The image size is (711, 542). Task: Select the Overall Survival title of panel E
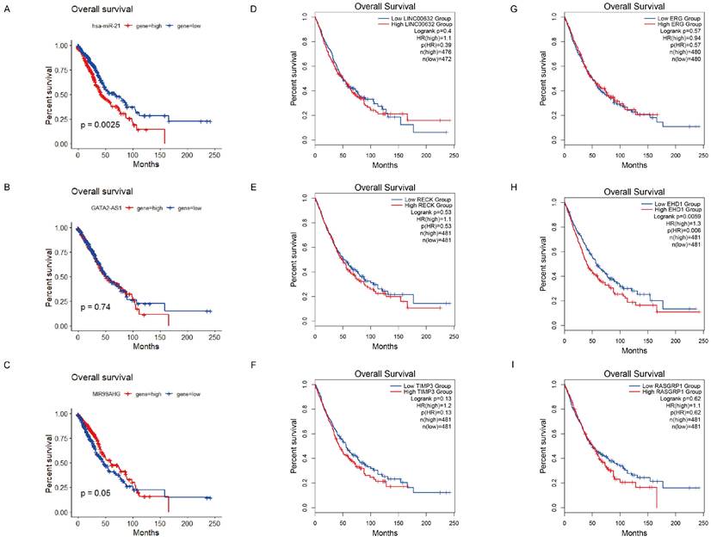(391, 194)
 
